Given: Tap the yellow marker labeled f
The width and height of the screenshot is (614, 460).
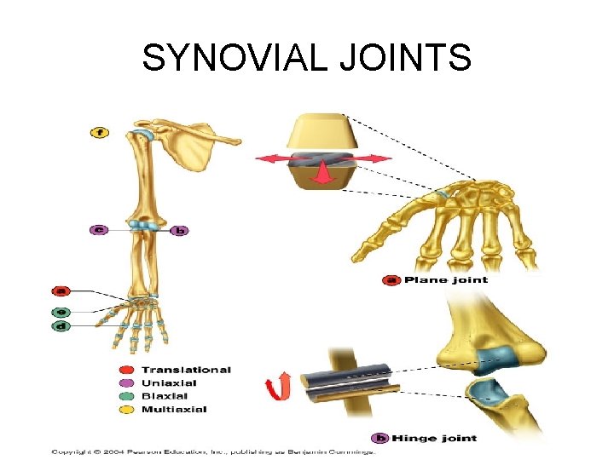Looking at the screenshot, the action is tap(99, 132).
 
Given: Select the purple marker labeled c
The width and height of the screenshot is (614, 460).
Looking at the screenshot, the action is tap(99, 230).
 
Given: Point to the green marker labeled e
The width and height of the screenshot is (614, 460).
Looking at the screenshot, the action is tap(61, 312).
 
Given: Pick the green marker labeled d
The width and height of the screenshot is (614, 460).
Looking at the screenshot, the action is tap(61, 326).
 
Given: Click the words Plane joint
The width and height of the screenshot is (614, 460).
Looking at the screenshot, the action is tap(445, 279).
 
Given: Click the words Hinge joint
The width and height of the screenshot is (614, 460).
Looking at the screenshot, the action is tap(440, 438).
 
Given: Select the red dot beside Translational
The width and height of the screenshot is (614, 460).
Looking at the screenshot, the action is tap(126, 370).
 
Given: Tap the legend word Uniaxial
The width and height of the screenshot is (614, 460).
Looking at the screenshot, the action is tap(169, 382).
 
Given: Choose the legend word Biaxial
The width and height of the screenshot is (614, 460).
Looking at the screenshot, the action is tap(165, 396).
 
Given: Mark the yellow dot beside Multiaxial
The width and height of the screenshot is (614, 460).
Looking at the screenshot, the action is tap(126, 410).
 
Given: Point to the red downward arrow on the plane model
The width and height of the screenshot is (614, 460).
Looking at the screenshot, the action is tap(322, 175).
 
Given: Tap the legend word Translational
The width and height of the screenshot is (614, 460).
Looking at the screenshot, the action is tap(186, 370).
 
